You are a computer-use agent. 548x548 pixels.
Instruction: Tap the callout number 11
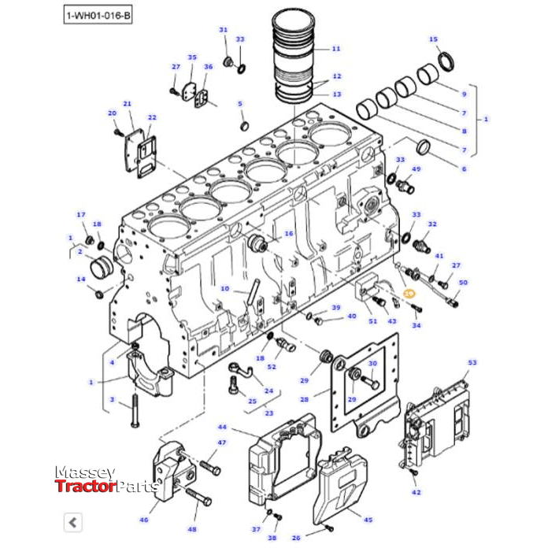click(x=336, y=49)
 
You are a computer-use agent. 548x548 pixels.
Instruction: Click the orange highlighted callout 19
click(x=409, y=293)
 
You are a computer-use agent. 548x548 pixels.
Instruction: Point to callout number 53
click(x=472, y=363)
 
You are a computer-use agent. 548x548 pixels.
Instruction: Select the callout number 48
click(x=192, y=529)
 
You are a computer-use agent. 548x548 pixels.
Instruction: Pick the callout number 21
click(x=127, y=104)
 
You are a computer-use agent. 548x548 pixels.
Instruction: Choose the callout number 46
click(x=143, y=520)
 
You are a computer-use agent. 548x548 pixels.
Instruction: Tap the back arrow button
click(x=72, y=521)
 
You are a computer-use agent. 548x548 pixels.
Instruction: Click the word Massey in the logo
click(x=85, y=472)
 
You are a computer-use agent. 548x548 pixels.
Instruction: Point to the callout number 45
click(x=367, y=520)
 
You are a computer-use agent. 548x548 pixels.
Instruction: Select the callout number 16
click(x=289, y=234)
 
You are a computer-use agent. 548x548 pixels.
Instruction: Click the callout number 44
click(x=223, y=427)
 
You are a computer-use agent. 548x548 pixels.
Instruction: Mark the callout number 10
click(x=225, y=288)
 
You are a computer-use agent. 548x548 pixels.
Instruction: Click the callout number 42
click(x=417, y=492)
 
